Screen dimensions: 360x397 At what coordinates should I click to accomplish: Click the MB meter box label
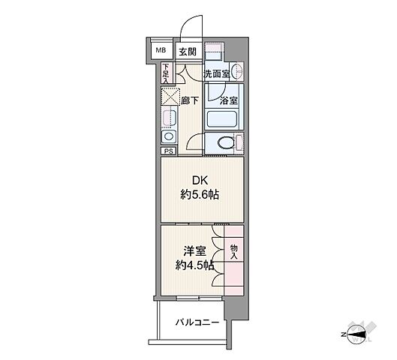tap(161, 51)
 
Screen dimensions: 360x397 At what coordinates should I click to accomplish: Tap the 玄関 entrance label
tap(187, 52)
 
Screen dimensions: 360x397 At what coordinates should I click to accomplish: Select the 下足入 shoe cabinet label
tap(167, 72)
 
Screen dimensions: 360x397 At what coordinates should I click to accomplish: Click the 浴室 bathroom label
tap(228, 99)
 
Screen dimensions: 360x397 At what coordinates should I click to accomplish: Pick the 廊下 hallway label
tap(188, 99)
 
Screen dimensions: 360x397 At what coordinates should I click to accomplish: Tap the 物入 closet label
tap(233, 252)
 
